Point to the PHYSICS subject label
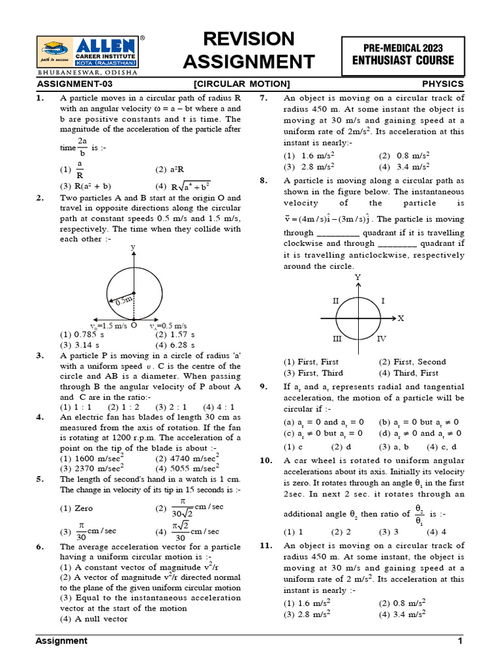(x=443, y=84)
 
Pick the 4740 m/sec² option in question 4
(x=187, y=458)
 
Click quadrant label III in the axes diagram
(x=337, y=339)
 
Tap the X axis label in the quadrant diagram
(x=401, y=318)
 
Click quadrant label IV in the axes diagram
(x=382, y=339)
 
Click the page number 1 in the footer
(x=460, y=641)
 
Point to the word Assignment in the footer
(x=61, y=641)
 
